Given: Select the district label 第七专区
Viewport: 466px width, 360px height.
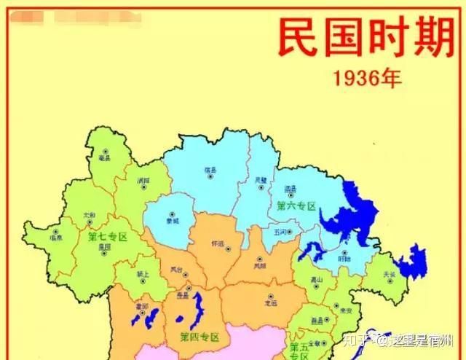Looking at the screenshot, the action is [108, 237].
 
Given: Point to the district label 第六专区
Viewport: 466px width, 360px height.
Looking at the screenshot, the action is [296, 206].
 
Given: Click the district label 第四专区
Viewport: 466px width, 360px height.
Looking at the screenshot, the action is [199, 337].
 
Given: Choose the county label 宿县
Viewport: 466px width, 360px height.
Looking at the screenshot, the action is [212, 171].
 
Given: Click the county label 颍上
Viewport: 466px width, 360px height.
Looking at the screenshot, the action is [143, 275].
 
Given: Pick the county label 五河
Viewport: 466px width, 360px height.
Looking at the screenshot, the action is [282, 232].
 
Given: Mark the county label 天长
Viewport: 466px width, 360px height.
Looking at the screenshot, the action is [390, 275].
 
